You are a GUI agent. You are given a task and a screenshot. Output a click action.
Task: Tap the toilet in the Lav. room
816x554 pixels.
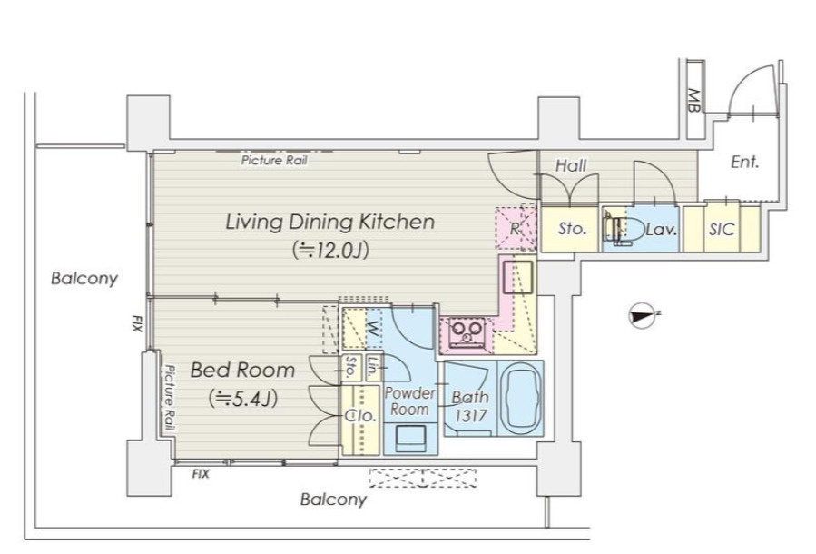pos(622,228)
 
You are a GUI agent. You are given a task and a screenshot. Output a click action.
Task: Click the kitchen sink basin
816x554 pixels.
pos(517,272)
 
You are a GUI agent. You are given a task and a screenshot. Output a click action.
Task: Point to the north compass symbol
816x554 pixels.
pos(643,315)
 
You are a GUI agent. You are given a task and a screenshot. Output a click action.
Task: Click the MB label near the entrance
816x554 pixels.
pos(693,101)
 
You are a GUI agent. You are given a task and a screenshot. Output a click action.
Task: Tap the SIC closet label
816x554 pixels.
pos(722,229)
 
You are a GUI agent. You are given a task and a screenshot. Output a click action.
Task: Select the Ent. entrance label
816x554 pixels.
pos(744,162)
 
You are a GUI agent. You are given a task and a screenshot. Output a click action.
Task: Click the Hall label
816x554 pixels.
pos(571,165)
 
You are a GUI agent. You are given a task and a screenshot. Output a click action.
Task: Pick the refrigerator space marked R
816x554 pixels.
pos(516,228)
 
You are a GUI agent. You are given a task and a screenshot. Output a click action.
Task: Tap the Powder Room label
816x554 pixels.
pos(409,401)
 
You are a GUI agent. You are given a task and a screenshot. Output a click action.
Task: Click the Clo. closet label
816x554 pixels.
pos(360,416)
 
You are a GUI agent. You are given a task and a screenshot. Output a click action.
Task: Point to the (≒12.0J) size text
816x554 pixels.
pos(330,250)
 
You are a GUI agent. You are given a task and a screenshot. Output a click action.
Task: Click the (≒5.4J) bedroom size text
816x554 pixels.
pos(243,399)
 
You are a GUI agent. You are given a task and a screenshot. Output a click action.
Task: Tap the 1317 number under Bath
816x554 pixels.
pos(471,415)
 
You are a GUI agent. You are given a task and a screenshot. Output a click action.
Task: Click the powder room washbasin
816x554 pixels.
pos(410,438)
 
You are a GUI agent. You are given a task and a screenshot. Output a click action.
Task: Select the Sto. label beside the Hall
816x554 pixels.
pos(572,228)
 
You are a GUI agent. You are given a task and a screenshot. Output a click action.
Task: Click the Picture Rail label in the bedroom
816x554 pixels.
pos(169,397)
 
